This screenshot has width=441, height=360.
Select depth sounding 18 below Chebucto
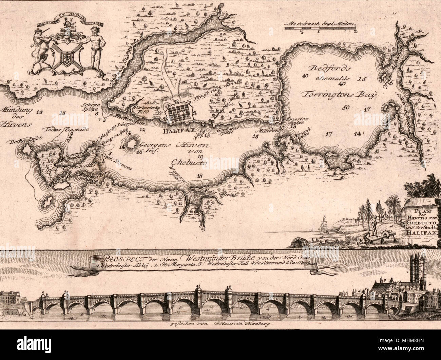[199, 175]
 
